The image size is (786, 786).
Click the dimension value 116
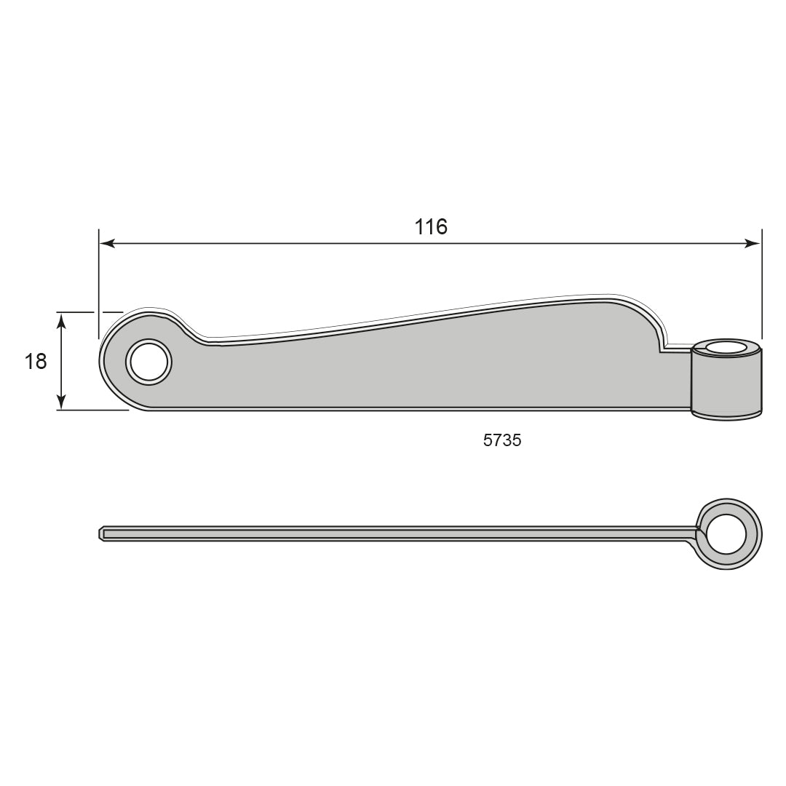431,226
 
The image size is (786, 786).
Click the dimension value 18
36,362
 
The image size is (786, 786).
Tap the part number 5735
502,440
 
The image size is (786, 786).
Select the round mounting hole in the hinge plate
149,362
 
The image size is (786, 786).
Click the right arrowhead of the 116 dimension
753,244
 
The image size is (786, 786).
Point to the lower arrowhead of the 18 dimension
61,401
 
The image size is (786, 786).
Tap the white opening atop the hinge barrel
726,347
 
